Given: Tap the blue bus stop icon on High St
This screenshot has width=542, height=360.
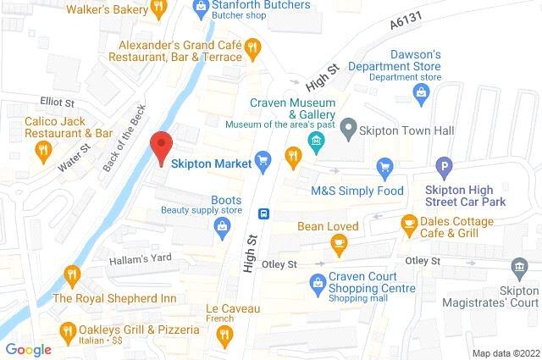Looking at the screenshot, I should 264,213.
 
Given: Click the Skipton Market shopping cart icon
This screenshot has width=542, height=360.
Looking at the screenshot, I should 263,158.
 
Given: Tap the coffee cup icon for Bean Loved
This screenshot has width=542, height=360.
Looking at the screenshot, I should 339,244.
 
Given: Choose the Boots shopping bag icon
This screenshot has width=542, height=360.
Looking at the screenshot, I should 222,224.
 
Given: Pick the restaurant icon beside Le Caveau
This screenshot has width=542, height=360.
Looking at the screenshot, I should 224,336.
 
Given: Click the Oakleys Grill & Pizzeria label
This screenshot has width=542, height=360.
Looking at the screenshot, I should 138,330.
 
